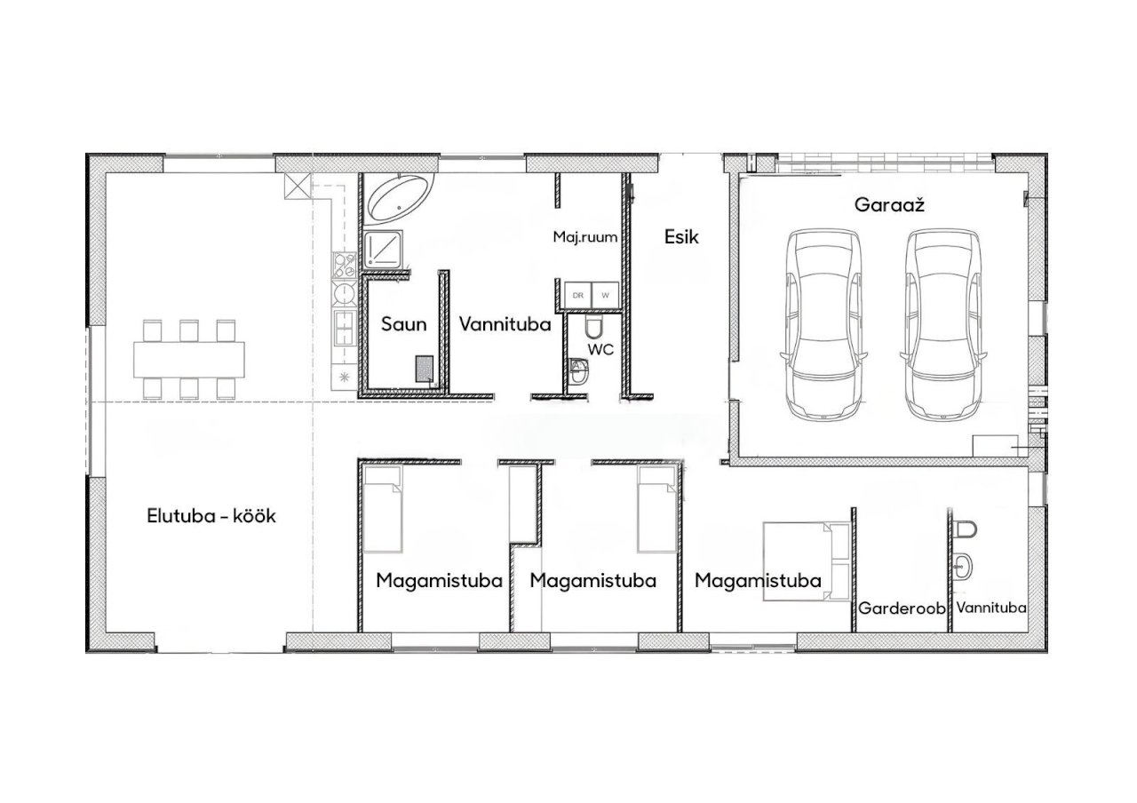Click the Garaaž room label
tap(889, 205)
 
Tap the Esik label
tap(681, 237)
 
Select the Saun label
tap(403, 324)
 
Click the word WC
tap(601, 349)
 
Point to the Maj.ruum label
tap(585, 236)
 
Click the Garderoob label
tap(902, 608)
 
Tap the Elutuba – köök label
tap(211, 516)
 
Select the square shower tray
tap(384, 249)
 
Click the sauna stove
tap(425, 369)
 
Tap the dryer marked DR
tap(578, 295)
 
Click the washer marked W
tap(605, 295)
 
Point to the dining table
tap(189, 360)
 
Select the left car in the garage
tap(822, 324)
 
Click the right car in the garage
tap(943, 324)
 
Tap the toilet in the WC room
tap(592, 326)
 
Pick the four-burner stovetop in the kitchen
tap(345, 266)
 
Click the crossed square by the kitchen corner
tap(298, 186)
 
